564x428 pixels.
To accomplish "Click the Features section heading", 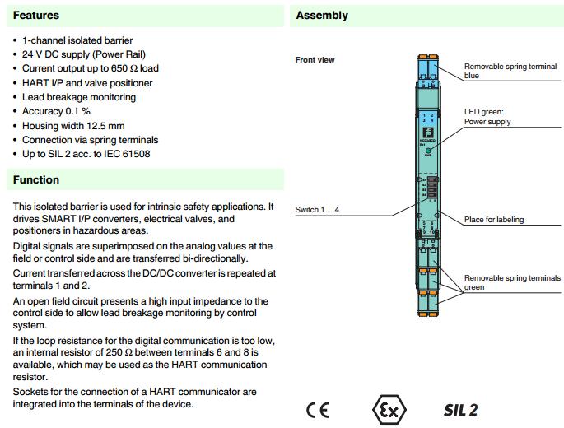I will point(36,15).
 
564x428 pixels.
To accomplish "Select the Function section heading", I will point(36,179).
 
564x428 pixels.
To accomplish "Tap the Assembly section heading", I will point(322,15).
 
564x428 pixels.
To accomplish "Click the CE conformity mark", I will point(317,410).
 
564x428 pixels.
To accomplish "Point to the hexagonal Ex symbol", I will point(389,409).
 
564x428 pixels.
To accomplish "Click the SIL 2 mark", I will point(460,410).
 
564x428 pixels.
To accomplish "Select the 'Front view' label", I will point(315,60).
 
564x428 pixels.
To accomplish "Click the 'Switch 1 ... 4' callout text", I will point(318,210).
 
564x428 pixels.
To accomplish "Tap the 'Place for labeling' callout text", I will point(494,220).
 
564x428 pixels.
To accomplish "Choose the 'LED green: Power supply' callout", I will point(487,116).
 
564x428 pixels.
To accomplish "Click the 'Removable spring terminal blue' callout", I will point(501,71).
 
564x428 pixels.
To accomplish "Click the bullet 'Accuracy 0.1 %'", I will point(57,111).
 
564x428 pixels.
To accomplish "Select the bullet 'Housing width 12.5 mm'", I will point(73,125).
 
